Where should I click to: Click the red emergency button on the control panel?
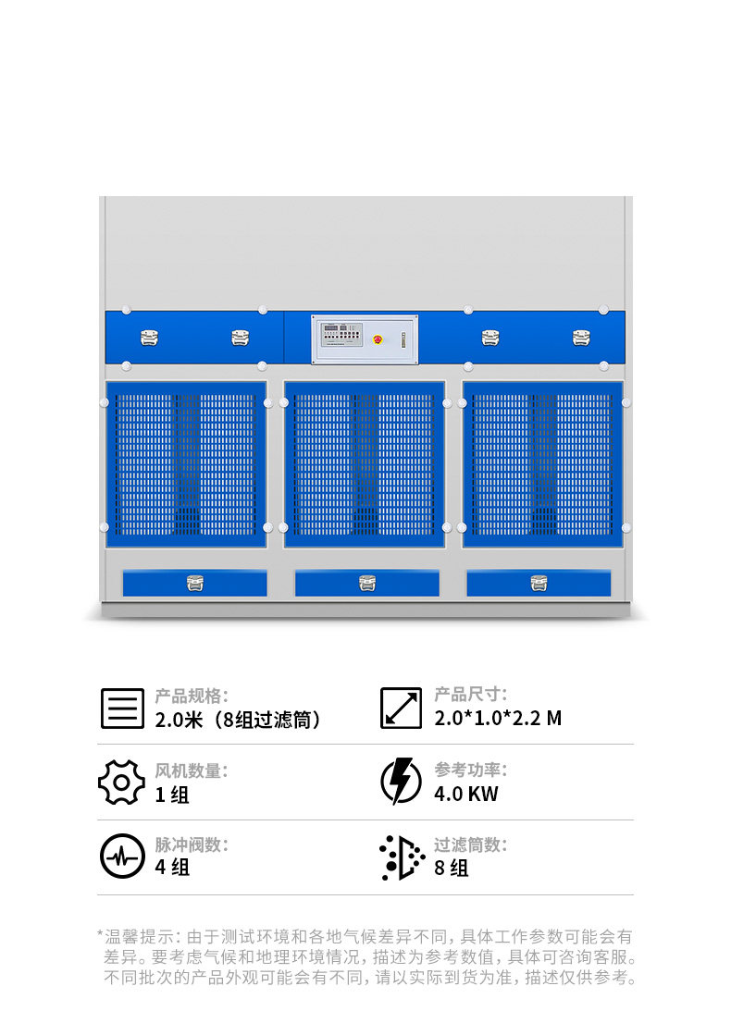(x=377, y=339)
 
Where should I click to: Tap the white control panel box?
(x=364, y=339)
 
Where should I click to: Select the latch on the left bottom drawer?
(x=194, y=583)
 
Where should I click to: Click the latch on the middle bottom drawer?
(x=367, y=583)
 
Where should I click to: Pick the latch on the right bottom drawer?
(x=539, y=583)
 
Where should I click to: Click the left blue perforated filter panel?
(x=186, y=463)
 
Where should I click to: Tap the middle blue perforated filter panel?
(x=364, y=463)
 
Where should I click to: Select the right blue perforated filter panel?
(x=542, y=463)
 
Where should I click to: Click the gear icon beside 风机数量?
(x=121, y=783)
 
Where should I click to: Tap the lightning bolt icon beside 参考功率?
(x=401, y=782)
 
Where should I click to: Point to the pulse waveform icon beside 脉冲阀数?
(x=122, y=857)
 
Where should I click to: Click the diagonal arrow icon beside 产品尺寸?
(x=401, y=708)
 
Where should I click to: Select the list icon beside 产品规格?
(x=122, y=708)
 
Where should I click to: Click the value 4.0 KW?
(x=466, y=794)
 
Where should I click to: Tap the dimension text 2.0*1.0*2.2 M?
(x=498, y=719)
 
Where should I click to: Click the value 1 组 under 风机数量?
(x=172, y=795)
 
